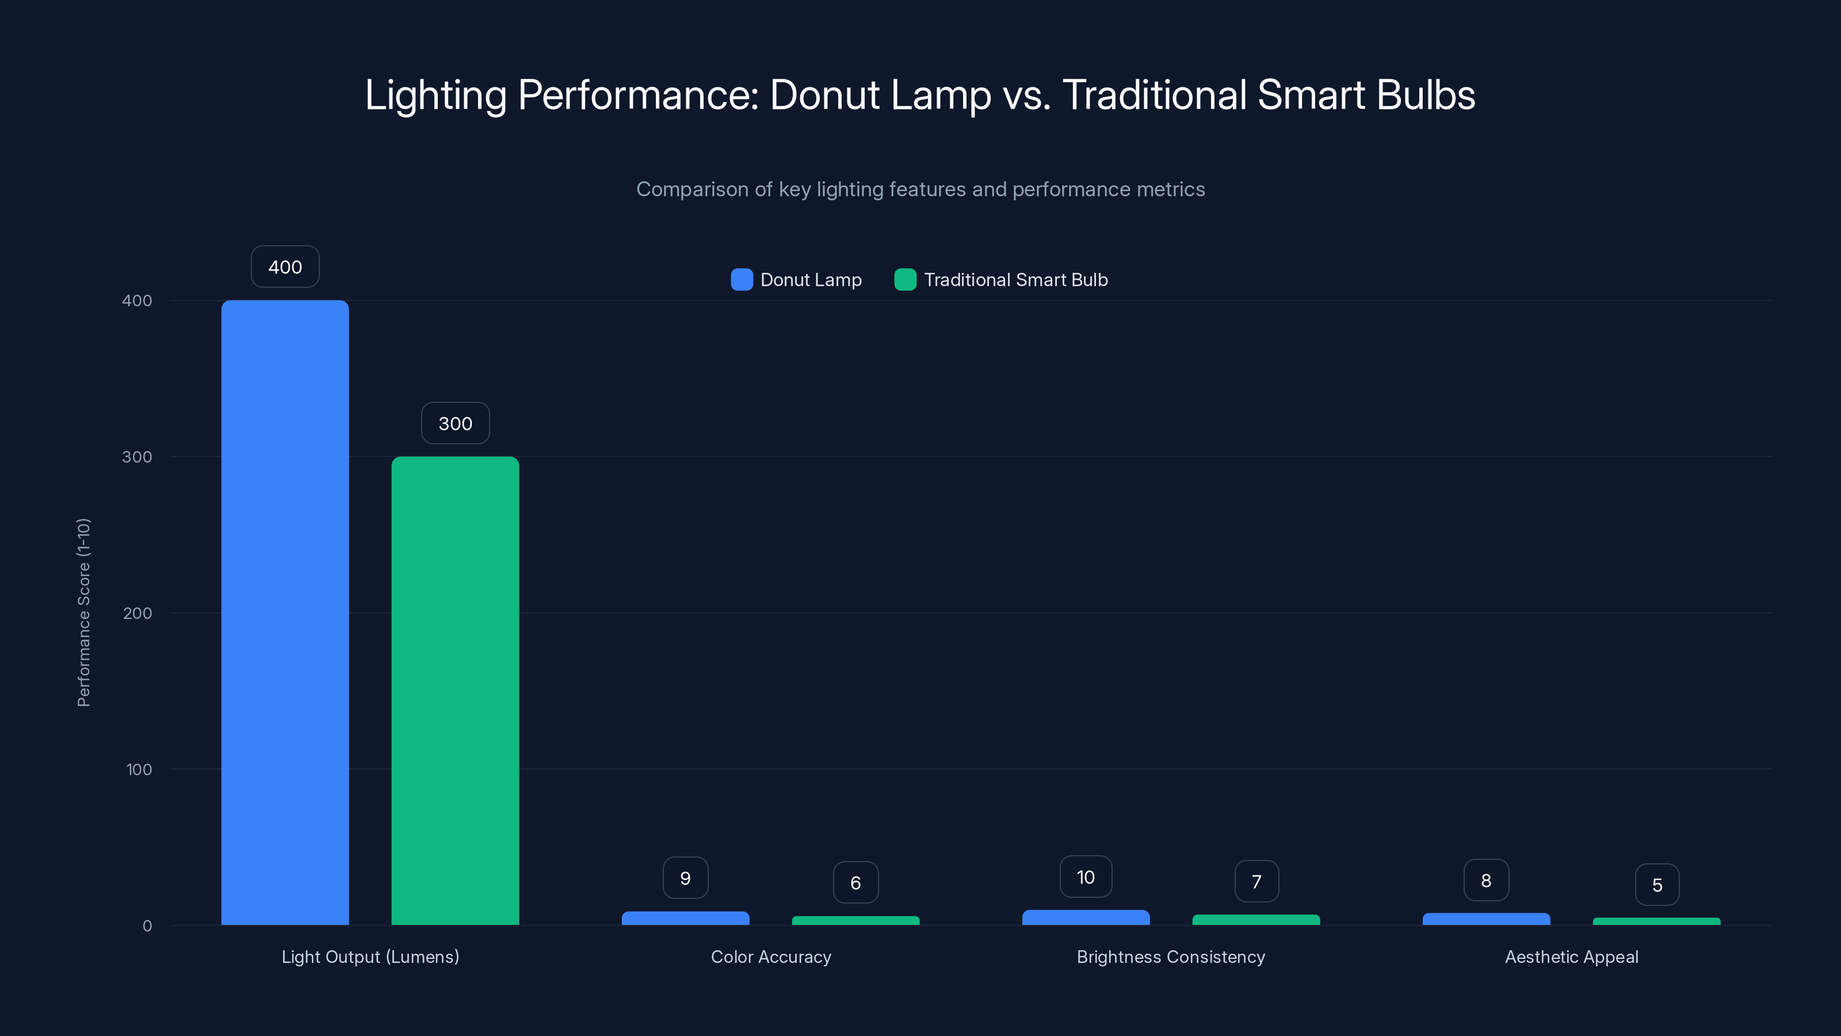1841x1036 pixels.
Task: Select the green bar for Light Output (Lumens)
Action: click(x=454, y=690)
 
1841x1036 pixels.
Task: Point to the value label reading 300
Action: click(x=454, y=423)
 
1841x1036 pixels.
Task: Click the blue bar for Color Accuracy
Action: click(x=685, y=918)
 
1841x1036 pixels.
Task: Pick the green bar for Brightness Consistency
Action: click(x=1256, y=920)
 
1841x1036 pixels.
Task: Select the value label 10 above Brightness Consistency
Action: click(x=1085, y=877)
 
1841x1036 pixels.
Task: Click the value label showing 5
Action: click(x=1657, y=885)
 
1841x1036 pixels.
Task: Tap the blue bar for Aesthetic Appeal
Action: click(x=1486, y=919)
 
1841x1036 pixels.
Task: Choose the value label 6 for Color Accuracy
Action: click(x=855, y=882)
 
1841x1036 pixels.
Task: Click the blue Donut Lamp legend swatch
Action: click(x=741, y=280)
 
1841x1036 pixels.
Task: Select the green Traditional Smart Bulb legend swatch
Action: click(x=905, y=280)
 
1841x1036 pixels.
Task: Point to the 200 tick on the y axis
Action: click(x=137, y=613)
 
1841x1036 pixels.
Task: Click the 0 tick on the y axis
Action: click(x=147, y=926)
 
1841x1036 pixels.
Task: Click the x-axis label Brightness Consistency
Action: click(x=1170, y=957)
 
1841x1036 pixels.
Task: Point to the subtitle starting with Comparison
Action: click(x=920, y=189)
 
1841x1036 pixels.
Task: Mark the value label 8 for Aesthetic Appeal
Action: click(x=1486, y=880)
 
